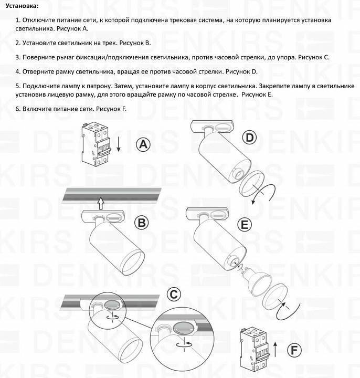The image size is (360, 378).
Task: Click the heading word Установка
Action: [19, 6]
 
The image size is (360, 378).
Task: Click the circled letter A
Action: [143, 145]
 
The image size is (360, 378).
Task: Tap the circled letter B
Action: [141, 222]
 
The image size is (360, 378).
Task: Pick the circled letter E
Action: [244, 225]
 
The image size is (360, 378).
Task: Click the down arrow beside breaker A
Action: [119, 144]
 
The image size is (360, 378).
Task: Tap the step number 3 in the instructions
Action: [18, 57]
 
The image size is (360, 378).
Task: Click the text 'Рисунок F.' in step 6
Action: [111, 109]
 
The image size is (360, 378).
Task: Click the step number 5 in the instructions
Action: [18, 86]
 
